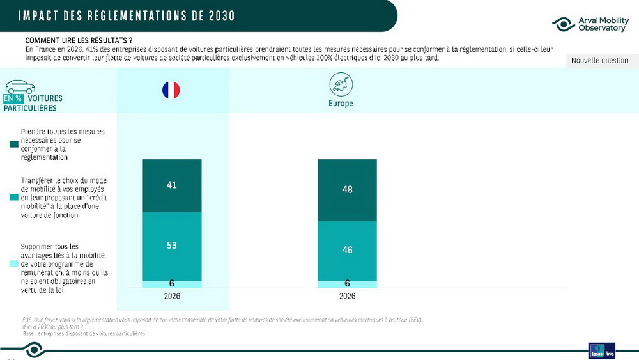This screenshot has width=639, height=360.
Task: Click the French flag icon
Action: click(x=171, y=90)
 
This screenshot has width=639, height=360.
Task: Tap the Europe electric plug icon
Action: click(x=340, y=84)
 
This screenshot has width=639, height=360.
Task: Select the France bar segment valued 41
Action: click(x=171, y=185)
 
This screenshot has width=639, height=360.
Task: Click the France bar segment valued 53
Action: click(x=171, y=246)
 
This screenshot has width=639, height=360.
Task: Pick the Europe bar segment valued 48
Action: click(x=347, y=190)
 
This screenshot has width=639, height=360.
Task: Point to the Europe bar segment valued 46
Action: click(x=347, y=250)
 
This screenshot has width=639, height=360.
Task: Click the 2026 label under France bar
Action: click(x=171, y=296)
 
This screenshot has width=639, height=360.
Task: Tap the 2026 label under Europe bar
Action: click(x=347, y=296)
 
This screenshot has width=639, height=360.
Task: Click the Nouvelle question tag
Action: click(x=599, y=61)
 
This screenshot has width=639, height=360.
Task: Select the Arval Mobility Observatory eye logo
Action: click(x=563, y=25)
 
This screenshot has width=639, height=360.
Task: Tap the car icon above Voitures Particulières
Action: click(x=20, y=86)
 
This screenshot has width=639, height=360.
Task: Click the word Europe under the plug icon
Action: click(x=340, y=103)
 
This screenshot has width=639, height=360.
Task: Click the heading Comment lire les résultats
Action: click(x=74, y=40)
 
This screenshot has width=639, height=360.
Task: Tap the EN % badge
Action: click(x=13, y=99)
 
